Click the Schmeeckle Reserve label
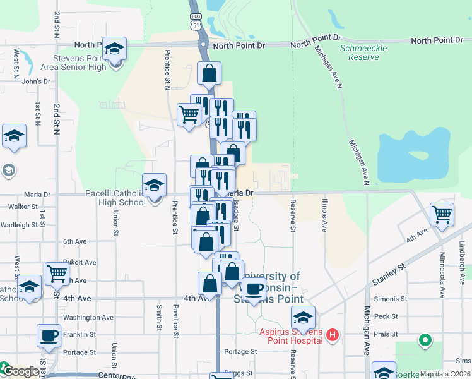(360, 52)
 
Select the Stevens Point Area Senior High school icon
(115, 49)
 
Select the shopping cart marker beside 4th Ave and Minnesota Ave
(442, 215)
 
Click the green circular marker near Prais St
(425, 341)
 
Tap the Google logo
(21, 372)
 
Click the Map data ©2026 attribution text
(444, 374)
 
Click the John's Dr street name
(35, 81)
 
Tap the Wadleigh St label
(19, 225)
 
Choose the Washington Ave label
(88, 318)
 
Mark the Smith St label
(159, 318)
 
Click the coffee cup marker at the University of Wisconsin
(254, 290)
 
